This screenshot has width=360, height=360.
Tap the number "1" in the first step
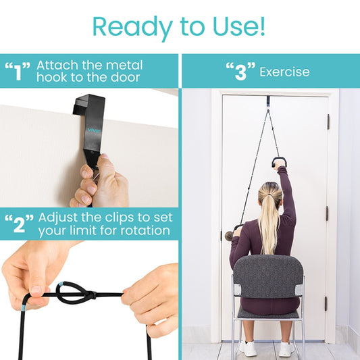point(18,72)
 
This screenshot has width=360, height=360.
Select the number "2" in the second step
point(20,225)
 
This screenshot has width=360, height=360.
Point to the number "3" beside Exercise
point(240,72)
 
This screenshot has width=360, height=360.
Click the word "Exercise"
point(284,72)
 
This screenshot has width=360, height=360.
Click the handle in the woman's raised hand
point(279,162)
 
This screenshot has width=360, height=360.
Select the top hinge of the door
point(329,122)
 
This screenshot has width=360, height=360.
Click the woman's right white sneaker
point(286,347)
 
